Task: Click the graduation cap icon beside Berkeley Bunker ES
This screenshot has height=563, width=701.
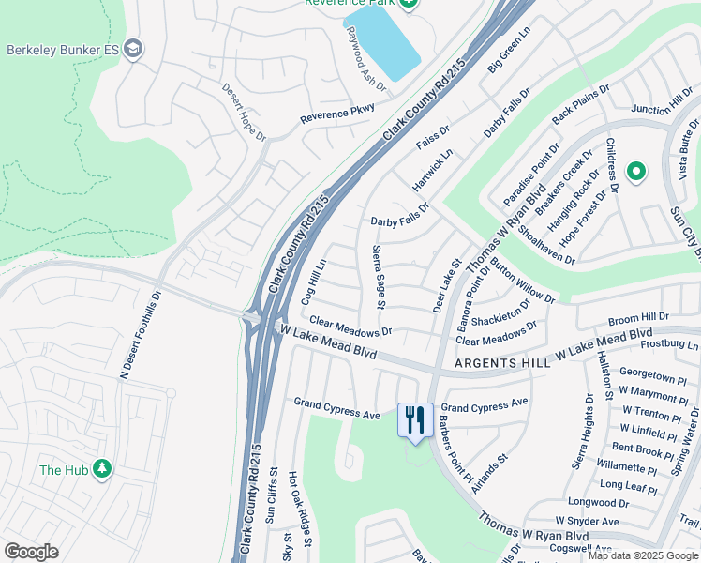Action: [x=134, y=49]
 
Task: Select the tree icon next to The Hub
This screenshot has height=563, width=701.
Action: [x=101, y=470]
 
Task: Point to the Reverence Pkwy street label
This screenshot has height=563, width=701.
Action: [x=337, y=114]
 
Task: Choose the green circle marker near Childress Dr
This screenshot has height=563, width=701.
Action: [x=636, y=171]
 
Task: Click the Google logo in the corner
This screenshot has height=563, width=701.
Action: [x=31, y=552]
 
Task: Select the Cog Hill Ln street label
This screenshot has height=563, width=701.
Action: [x=312, y=281]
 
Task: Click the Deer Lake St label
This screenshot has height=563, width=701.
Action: [x=446, y=287]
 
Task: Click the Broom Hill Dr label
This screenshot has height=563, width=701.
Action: [x=639, y=318]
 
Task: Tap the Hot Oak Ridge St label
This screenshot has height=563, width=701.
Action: [x=293, y=505]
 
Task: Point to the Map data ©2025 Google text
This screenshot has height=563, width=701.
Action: [x=643, y=555]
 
